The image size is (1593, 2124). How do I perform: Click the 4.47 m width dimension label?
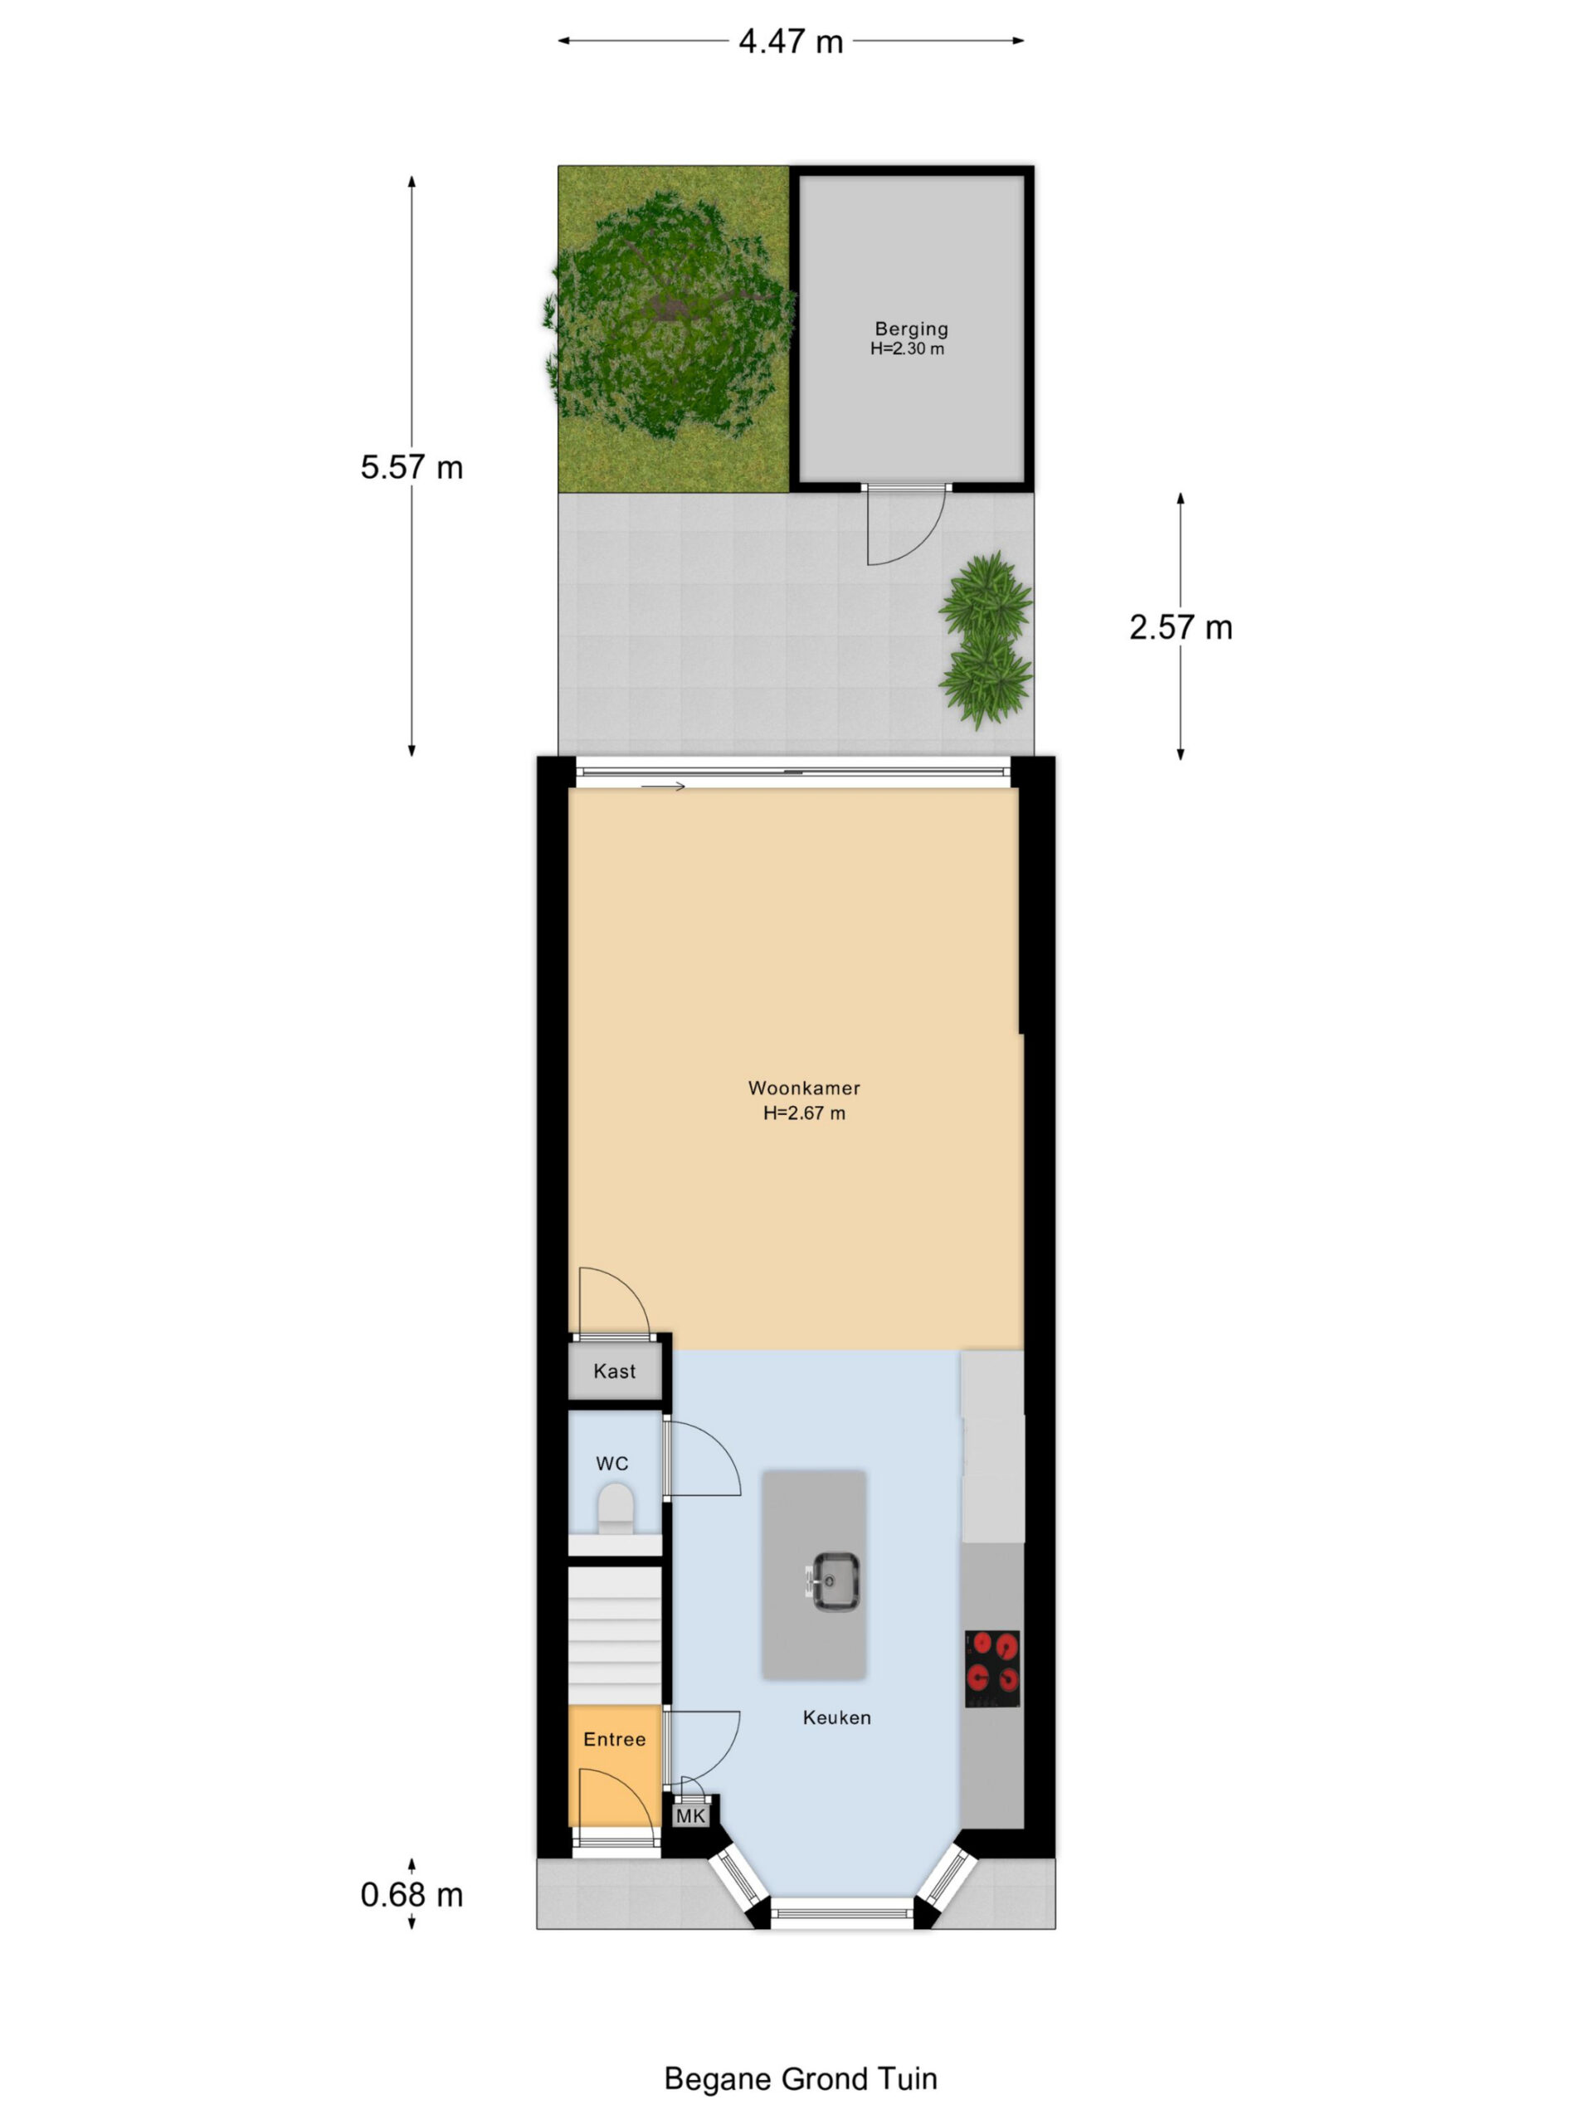790,41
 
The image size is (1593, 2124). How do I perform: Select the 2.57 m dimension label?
1180,627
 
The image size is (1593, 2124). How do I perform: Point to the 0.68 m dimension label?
411,1894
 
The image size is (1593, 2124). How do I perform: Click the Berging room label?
910,329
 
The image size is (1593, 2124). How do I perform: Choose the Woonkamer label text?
804,1088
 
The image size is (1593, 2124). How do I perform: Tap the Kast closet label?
614,1371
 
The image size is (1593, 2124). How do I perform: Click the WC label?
611,1464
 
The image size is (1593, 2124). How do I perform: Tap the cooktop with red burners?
992,1669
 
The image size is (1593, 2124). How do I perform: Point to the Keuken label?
836,1717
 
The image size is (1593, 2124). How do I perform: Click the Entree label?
615,1739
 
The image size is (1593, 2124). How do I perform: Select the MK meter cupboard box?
690,1815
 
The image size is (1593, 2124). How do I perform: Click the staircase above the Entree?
615,1635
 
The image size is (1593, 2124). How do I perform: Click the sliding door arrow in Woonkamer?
663,787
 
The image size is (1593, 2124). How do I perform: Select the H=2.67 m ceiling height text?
804,1113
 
